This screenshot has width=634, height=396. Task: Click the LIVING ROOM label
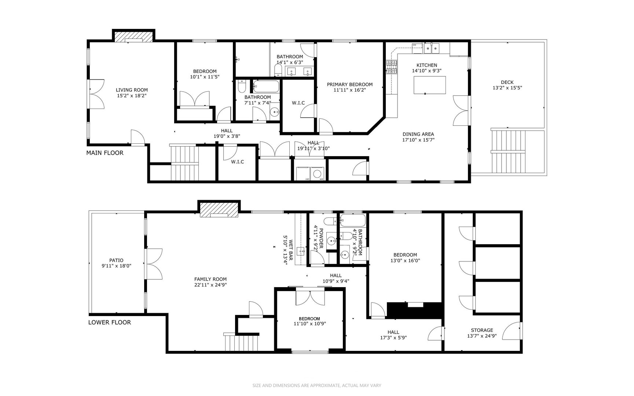(132, 90)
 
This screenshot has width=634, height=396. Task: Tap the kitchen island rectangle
(430, 85)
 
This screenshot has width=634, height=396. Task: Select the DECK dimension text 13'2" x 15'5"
(507, 88)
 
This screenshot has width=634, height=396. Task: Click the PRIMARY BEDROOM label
(349, 84)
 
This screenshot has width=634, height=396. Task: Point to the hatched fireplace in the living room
(133, 37)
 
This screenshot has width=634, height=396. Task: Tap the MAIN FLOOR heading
(105, 153)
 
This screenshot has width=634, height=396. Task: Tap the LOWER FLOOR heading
(109, 322)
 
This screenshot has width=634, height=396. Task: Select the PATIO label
(116, 260)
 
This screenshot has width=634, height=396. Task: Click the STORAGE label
(482, 330)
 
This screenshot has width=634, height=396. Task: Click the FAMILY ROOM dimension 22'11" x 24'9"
(210, 285)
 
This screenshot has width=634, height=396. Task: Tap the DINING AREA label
(418, 134)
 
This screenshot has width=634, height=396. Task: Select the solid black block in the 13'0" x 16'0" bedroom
(414, 310)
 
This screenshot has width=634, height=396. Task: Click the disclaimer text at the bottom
(317, 385)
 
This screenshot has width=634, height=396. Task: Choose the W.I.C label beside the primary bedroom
(298, 103)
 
